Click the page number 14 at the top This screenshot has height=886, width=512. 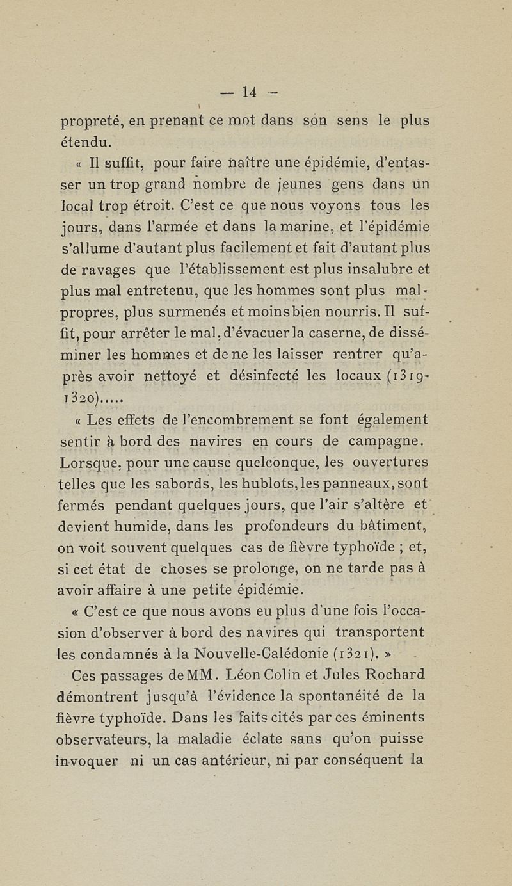tap(250, 92)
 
